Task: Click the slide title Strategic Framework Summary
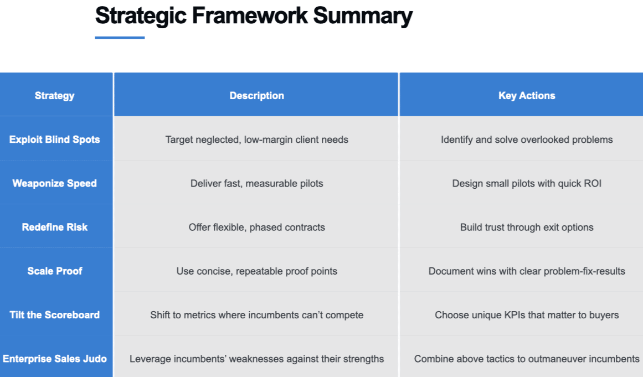point(254,17)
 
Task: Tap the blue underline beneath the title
point(120,37)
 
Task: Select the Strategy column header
point(54,95)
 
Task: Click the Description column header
point(257,95)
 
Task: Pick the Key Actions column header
point(527,95)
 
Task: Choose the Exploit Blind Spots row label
point(54,140)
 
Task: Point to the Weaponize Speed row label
point(54,183)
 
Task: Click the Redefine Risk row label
point(54,227)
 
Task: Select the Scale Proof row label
point(54,271)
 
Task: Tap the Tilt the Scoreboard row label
point(54,314)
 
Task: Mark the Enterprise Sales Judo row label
point(54,359)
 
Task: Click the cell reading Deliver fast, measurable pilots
point(257,183)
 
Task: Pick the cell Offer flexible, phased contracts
point(257,227)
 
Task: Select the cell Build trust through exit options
point(527,227)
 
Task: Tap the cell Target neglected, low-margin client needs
point(257,140)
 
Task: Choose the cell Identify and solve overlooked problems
point(527,140)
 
